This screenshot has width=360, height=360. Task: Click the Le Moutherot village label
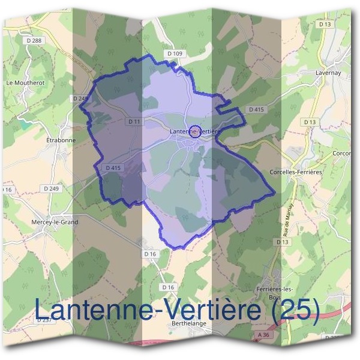point(26,82)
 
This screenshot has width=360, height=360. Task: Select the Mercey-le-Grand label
point(54,222)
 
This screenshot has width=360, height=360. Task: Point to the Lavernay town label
point(328,73)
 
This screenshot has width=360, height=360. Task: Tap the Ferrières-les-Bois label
point(282,293)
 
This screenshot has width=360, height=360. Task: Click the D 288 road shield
point(35,40)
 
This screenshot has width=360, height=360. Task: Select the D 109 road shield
point(175,54)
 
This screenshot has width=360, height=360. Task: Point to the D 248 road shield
point(79,98)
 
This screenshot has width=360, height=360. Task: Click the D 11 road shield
point(134,121)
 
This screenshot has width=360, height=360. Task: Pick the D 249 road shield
point(51,188)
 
